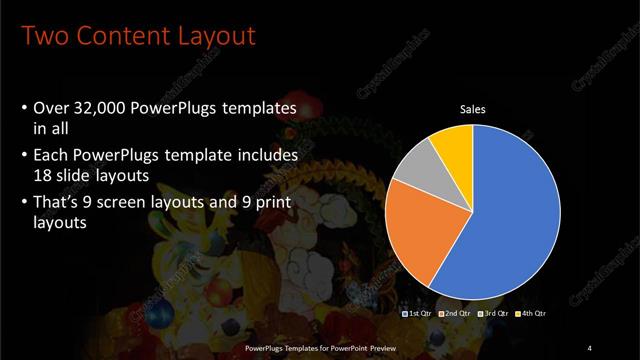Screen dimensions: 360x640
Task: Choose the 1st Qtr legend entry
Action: [417, 314]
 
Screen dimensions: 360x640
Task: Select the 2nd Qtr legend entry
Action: [456, 314]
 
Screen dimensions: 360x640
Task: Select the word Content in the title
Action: [118, 37]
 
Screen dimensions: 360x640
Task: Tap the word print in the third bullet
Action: [260, 206]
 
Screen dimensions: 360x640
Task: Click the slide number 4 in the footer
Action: [590, 347]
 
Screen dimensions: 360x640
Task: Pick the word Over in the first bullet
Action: [51, 109]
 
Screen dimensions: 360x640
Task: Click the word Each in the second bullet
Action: [52, 156]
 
